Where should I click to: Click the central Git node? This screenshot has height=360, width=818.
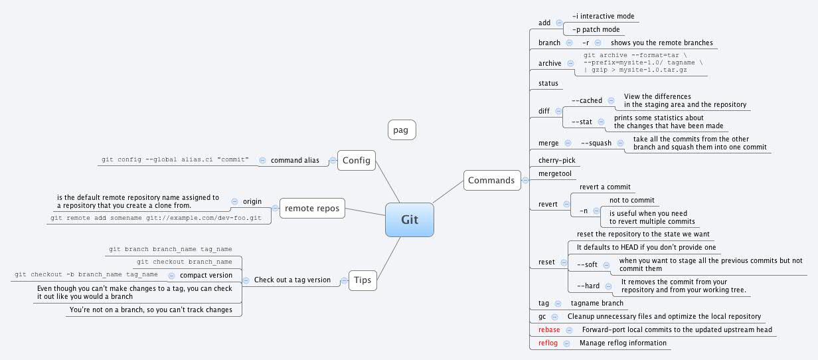(x=410, y=220)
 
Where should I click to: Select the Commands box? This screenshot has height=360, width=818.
(x=491, y=180)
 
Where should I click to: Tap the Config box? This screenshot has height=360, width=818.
(x=357, y=160)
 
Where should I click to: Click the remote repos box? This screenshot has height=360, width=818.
(x=312, y=209)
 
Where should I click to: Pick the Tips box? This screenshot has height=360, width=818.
(x=363, y=280)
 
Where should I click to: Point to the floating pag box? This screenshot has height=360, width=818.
(x=401, y=130)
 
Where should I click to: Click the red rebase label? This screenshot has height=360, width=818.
(x=548, y=330)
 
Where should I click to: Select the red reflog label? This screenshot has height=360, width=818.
(x=548, y=343)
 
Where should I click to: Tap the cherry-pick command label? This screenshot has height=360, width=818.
(x=556, y=161)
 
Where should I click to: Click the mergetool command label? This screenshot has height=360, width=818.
(x=554, y=174)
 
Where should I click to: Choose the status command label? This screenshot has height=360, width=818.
(x=548, y=84)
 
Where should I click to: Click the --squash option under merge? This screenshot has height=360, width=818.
(x=596, y=143)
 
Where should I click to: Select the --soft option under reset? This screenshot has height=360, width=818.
(x=588, y=264)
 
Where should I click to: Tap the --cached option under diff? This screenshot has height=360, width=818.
(x=586, y=100)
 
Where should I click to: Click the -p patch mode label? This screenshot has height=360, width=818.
(x=596, y=29)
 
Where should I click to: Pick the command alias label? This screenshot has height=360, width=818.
(x=295, y=160)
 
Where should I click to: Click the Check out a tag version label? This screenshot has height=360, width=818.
(x=292, y=280)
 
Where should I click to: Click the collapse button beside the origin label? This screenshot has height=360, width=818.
(x=234, y=201)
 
